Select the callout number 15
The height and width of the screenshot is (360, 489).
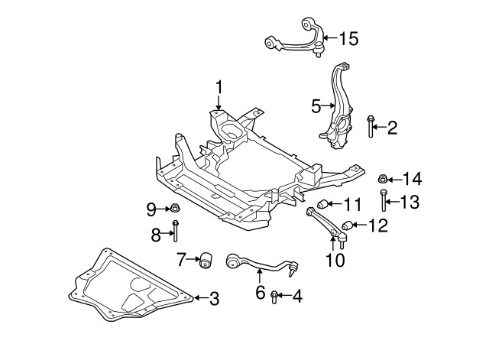click(x=348, y=37)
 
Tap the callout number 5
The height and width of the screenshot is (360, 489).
click(x=316, y=107)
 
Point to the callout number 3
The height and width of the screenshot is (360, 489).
click(x=214, y=297)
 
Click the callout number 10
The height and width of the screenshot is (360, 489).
click(x=335, y=260)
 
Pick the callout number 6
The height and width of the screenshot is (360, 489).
click(x=260, y=292)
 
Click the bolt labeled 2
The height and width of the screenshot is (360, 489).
click(x=371, y=127)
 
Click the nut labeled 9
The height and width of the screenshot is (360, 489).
click(x=174, y=208)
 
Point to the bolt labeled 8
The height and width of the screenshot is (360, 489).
click(x=176, y=232)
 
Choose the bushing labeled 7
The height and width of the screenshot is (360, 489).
click(x=205, y=260)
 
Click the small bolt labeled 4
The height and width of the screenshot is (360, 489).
click(x=274, y=297)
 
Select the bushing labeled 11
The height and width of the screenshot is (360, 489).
click(x=323, y=204)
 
